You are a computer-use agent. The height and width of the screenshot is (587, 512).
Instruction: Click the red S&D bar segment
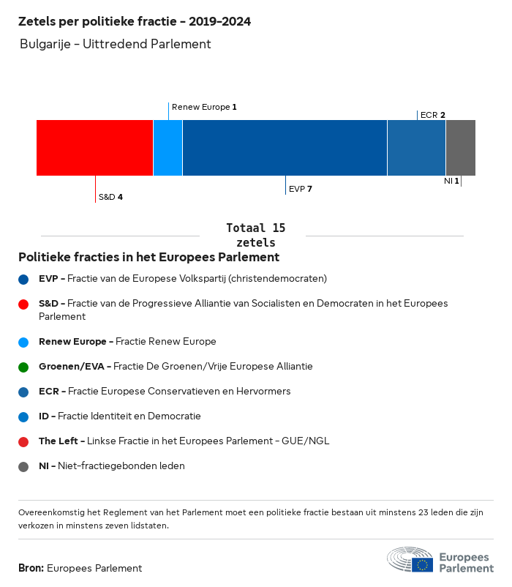point(94,148)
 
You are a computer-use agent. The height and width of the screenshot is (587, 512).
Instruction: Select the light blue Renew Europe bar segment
point(167,148)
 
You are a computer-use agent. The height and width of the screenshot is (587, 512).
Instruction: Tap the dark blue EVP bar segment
point(285,148)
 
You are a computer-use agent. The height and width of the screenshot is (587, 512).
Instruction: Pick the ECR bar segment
point(416,148)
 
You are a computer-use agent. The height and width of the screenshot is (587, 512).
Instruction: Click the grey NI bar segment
point(460,148)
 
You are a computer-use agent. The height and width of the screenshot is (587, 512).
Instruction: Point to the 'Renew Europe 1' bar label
point(204,107)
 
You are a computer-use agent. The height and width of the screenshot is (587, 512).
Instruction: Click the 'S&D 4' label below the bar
point(110,197)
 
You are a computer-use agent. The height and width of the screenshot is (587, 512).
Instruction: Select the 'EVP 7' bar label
point(301,189)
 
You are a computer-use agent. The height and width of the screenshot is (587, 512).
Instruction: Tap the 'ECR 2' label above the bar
point(433,115)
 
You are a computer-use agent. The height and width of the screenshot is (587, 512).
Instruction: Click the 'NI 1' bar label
point(451,181)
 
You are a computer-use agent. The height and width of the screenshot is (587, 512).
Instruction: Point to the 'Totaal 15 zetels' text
point(256,235)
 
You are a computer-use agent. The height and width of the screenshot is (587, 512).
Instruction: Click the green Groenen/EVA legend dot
point(23,367)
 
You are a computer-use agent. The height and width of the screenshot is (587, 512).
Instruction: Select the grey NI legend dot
point(23,466)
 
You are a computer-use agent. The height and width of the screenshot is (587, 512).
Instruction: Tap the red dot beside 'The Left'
point(23,441)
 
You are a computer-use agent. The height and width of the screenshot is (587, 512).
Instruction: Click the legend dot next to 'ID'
point(23,416)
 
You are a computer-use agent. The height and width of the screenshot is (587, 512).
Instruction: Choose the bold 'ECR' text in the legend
point(48,392)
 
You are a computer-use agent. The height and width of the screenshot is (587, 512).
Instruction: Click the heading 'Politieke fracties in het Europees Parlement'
point(148,258)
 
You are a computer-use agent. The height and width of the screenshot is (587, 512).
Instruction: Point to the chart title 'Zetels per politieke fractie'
point(135,22)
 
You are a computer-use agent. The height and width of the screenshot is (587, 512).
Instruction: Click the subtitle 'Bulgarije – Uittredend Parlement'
point(116,44)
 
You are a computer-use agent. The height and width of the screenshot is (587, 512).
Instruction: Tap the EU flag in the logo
point(422,564)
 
